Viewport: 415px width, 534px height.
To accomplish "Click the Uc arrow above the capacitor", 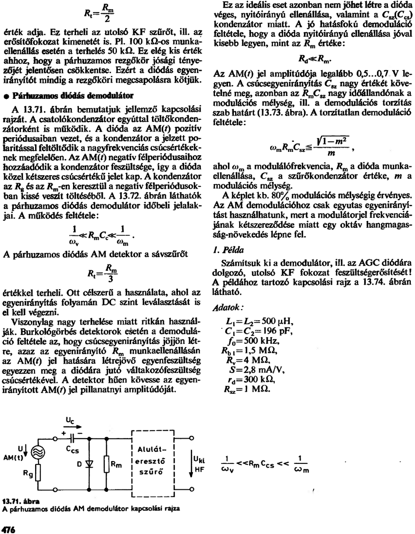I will [x=71, y=427].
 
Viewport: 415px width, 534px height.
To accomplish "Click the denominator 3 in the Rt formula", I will [x=110, y=279].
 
